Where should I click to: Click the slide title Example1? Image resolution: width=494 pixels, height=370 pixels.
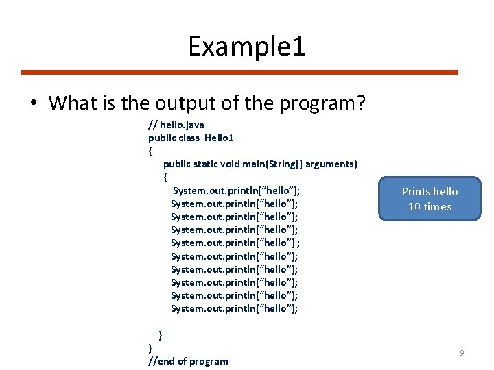coord(247,47)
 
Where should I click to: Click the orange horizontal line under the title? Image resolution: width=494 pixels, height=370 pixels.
coord(239,72)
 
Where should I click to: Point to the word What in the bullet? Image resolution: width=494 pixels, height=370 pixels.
coord(69,103)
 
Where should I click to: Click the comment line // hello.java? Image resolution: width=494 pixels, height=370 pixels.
coord(176,125)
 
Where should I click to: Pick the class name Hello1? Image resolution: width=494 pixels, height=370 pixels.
coord(219,138)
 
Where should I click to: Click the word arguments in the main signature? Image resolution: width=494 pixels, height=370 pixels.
coord(331,164)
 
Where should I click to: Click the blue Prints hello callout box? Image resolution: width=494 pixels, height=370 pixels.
coord(430,199)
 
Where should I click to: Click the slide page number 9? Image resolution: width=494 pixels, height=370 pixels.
coord(462,353)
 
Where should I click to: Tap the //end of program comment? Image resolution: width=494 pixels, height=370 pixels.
coord(188,361)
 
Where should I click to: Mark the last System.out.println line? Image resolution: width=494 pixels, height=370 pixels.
coord(234,308)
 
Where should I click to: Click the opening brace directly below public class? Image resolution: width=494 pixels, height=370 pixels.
coord(150,151)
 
